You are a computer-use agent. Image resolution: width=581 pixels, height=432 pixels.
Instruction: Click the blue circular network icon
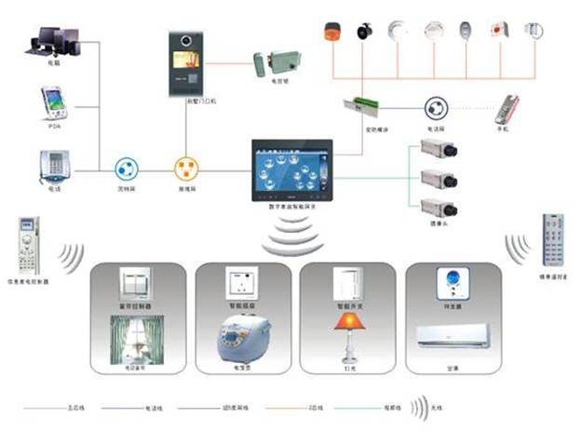127,170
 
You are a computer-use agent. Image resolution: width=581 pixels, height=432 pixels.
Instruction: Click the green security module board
361,108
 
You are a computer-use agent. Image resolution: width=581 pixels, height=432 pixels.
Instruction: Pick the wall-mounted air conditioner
452,336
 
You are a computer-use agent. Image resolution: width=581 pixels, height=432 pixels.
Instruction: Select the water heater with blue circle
453,282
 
